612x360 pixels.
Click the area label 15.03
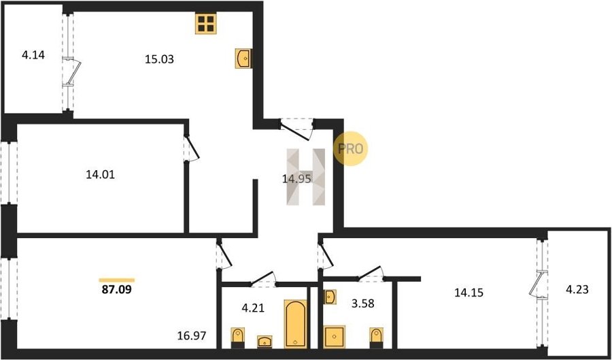[159, 60]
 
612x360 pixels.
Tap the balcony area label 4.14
[33, 55]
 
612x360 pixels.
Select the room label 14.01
[101, 175]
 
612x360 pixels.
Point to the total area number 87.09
[116, 291]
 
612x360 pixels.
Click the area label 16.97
[191, 335]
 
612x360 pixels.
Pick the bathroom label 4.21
[252, 308]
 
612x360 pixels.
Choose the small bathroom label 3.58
[362, 304]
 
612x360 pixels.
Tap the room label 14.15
[469, 292]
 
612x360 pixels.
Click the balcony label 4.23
[577, 290]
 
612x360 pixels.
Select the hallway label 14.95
[296, 179]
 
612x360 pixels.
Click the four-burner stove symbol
[205, 23]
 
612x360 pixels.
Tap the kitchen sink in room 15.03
[243, 59]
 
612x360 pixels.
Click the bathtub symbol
[296, 324]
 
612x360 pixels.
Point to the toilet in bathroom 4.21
[238, 338]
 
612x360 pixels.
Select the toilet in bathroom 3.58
[376, 338]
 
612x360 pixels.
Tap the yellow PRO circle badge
[350, 148]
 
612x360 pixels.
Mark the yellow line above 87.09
[117, 280]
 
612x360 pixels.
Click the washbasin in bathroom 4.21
[265, 342]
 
